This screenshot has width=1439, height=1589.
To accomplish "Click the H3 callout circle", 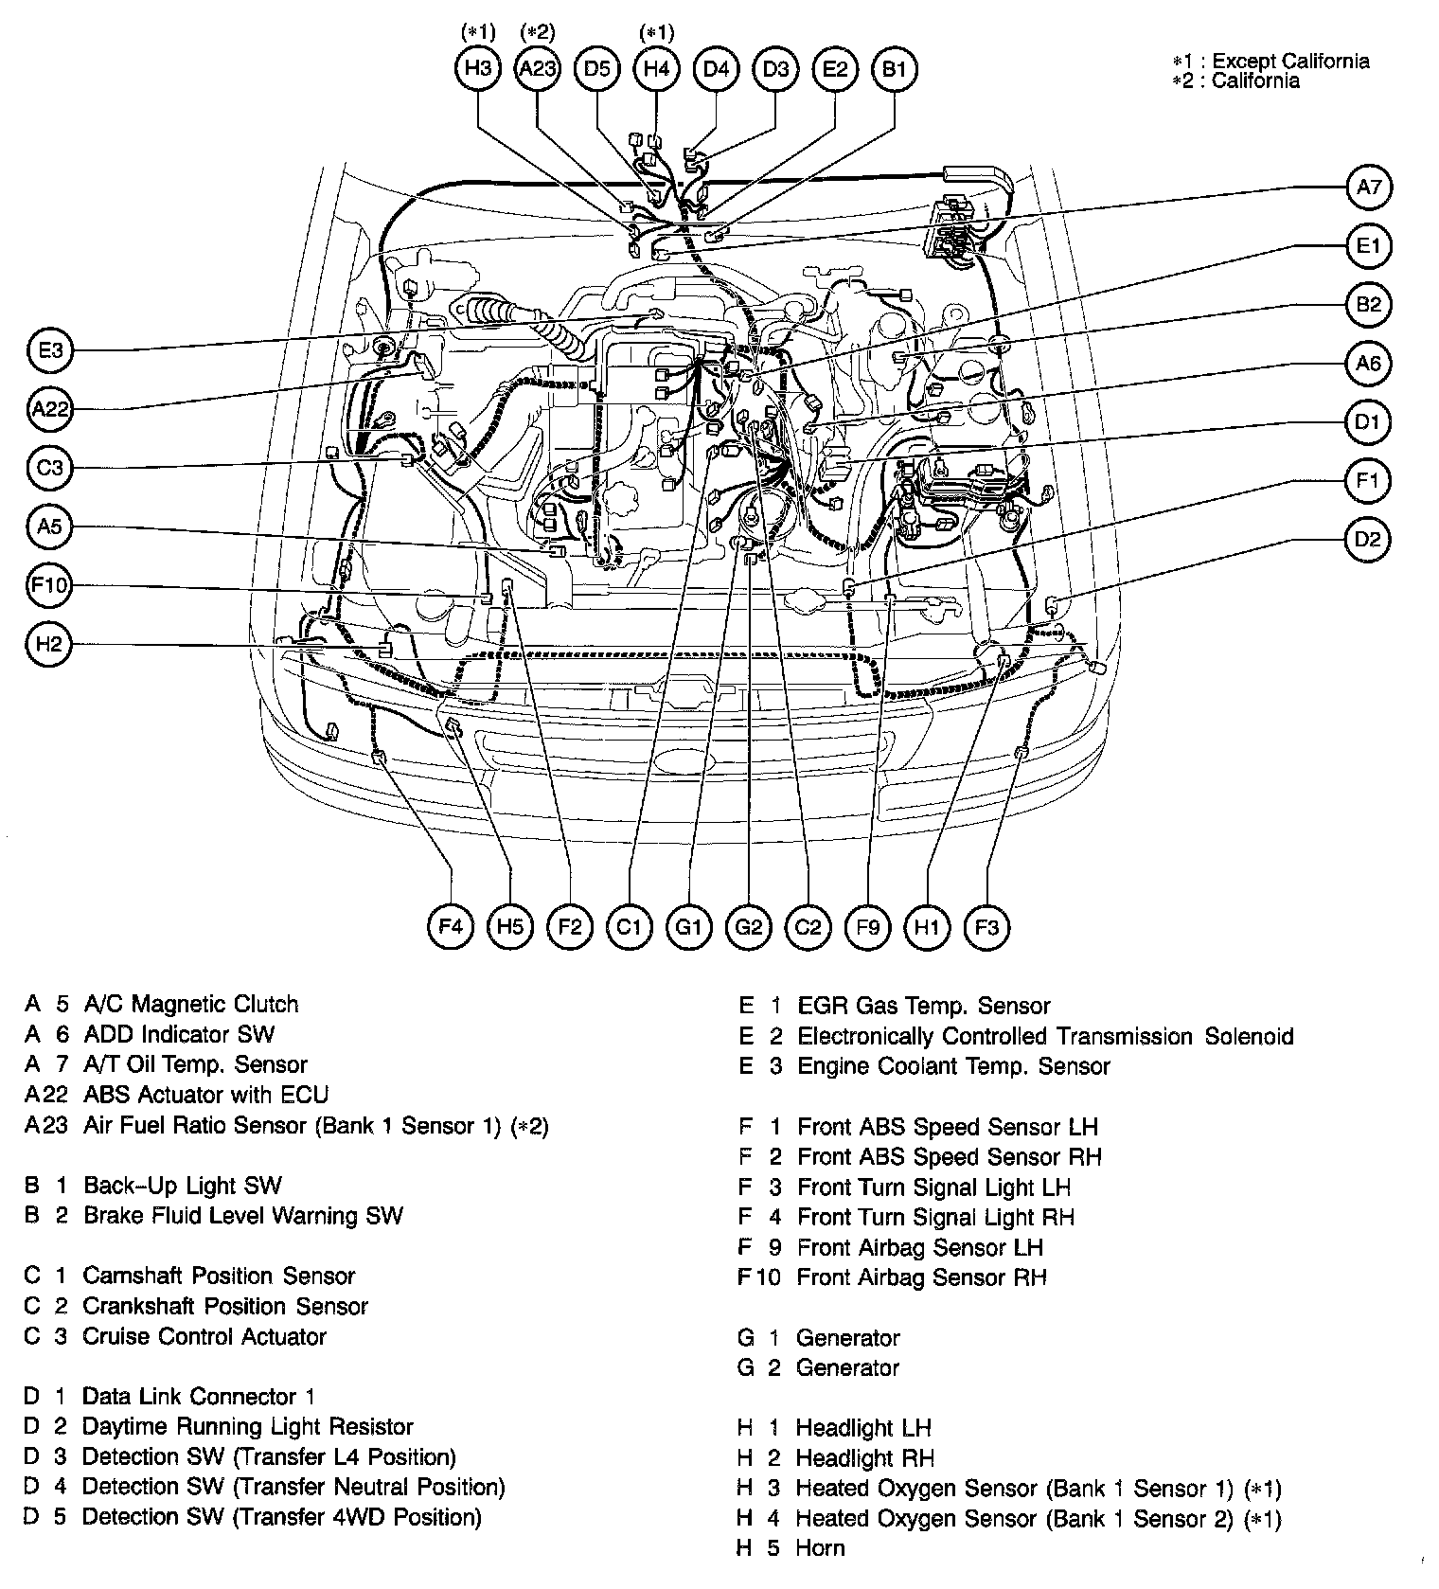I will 478,68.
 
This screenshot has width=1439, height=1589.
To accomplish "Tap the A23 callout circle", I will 538,68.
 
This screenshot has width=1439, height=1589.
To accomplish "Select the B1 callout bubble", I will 894,68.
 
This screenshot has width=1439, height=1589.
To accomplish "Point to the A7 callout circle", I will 1368,187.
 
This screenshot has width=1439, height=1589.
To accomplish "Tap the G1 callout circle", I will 688,926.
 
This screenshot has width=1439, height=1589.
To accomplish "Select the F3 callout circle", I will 986,926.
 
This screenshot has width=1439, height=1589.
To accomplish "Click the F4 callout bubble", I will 451,926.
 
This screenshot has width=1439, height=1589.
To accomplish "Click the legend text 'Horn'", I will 820,1548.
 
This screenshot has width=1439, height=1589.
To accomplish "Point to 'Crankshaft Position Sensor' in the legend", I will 225,1306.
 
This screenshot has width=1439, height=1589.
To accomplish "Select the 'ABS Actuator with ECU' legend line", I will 205,1095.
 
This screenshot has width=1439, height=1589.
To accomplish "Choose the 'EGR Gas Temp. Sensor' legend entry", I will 924,1006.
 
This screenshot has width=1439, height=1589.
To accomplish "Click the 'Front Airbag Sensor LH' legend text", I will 920,1247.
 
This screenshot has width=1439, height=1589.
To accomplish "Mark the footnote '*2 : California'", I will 1235,80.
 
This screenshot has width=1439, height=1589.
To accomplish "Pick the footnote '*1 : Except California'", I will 1270,62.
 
